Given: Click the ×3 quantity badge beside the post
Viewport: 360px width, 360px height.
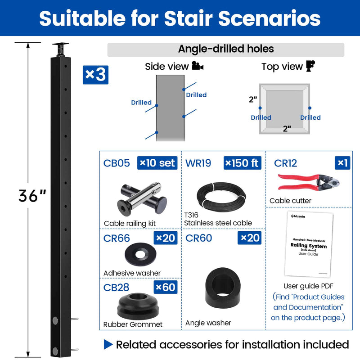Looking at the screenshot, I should tap(95, 75).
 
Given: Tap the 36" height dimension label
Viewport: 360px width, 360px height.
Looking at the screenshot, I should tap(32, 195).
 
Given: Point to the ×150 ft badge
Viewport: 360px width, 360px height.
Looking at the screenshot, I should tap(242, 162).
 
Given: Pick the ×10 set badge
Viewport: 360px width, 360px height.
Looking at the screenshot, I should tap(157, 162).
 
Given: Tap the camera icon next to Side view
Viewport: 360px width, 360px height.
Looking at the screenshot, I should tap(197, 67).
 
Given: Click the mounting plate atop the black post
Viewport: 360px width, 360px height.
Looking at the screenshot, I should tap(60, 46).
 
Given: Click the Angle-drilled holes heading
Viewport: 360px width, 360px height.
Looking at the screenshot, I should tap(225, 49).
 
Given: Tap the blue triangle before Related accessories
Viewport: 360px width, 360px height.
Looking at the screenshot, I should tap(108, 345).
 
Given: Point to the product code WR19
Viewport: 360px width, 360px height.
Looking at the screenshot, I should tap(198, 163).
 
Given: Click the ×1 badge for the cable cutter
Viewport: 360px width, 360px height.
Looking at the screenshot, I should tap(343, 162).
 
